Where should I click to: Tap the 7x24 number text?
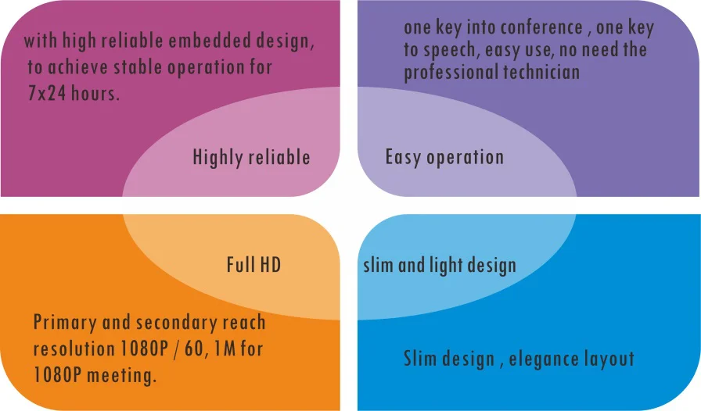[x=47, y=93]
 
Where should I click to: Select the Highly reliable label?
[x=251, y=157]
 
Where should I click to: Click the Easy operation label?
[x=445, y=157]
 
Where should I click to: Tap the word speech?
[x=451, y=50]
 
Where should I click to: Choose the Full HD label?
[x=254, y=264]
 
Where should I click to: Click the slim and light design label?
[x=440, y=266]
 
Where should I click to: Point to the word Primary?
[x=65, y=323]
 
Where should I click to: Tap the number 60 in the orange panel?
[x=194, y=348]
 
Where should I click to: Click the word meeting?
[x=121, y=376]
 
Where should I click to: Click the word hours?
[x=95, y=93]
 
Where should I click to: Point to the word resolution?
[x=74, y=348]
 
